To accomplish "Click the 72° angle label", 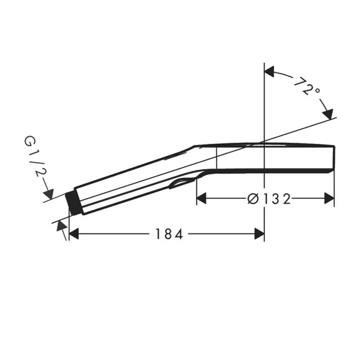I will coord(307,88).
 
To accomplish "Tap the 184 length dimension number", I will coord(168,234).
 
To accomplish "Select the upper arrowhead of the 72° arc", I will coord(269,72).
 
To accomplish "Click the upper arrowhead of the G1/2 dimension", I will coord(48,194).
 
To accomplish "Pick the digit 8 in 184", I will coord(168,234).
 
